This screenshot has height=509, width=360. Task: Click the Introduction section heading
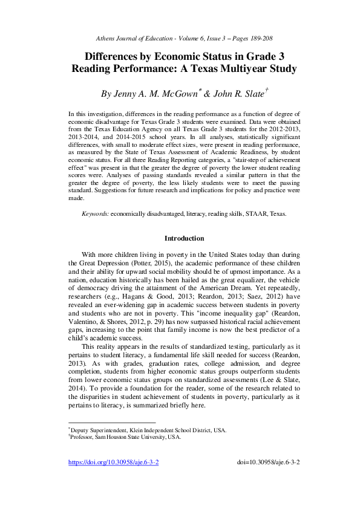coord(185,238)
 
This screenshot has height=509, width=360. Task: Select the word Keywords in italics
coord(95,214)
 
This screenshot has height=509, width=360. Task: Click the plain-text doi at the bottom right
coord(270,462)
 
